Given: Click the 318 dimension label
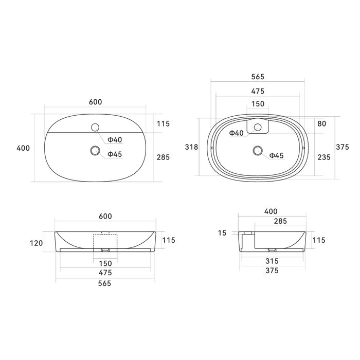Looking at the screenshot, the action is pos(191,147).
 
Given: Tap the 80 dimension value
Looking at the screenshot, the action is pos(321,123).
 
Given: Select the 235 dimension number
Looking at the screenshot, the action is pos(323,157).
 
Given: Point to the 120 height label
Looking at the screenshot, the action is pos(37,243).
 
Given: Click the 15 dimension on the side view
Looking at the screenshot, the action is pos(222,233).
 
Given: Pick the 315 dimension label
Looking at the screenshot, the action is pos(272,261).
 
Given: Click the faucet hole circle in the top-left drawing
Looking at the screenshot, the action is pos(95,127).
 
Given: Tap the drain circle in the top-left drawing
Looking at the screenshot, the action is pos(95,151).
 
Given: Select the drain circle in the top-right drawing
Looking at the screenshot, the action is pos(258,151).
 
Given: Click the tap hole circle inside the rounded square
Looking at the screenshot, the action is pos(258,127).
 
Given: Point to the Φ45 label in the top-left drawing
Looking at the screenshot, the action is pos(115,154).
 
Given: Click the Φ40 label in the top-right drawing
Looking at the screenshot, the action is pos(236,133).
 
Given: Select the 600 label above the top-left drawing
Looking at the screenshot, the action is pos(95,102).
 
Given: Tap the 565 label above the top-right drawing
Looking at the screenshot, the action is pos(258,77).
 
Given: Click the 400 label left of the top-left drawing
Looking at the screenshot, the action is pos(23,148).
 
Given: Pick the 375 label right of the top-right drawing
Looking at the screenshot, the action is pos(343,147).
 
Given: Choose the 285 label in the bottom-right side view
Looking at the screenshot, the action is pos(280,221).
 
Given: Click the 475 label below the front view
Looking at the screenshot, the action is pos(105,273).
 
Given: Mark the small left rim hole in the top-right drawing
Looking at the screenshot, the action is pos(212,148).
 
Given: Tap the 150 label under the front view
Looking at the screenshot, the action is pos(105,263).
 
